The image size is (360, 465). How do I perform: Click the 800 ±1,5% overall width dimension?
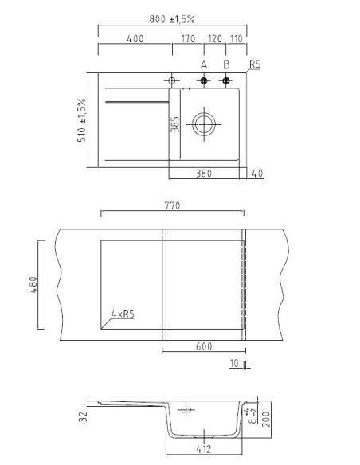click(x=172, y=19)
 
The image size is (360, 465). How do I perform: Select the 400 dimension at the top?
click(x=135, y=39)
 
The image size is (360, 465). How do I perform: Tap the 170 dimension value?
click(x=188, y=39)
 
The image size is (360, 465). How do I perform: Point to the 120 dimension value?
click(x=215, y=39)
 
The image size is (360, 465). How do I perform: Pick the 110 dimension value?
click(x=237, y=39)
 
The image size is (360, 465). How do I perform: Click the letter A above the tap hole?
click(x=204, y=64)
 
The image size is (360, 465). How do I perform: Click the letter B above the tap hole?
click(x=226, y=64)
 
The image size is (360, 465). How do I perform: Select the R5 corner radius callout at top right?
click(x=255, y=64)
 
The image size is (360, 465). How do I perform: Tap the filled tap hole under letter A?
click(x=204, y=80)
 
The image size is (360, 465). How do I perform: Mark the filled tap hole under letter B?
click(x=226, y=80)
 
